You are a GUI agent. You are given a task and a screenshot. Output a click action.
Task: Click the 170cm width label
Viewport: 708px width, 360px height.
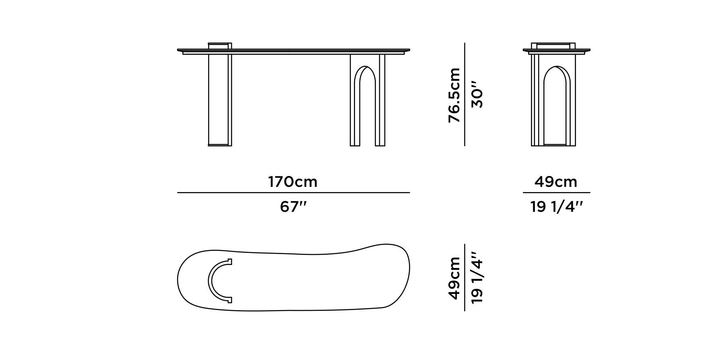(293, 182)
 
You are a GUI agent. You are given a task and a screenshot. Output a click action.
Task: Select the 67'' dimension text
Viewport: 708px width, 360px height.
(293, 207)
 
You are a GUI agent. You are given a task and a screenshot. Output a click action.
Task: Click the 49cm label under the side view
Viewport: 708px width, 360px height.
(556, 182)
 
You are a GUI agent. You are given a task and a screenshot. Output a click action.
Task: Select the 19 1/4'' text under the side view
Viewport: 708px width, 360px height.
(556, 207)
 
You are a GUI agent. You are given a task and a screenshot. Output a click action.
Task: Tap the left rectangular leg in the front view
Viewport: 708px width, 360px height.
(219, 99)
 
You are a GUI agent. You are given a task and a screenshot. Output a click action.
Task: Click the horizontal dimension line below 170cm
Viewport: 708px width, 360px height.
(293, 193)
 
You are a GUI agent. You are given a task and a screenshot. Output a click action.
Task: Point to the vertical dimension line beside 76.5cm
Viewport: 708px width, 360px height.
(465, 95)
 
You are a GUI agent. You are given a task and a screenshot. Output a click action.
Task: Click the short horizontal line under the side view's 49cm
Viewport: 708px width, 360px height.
(556, 193)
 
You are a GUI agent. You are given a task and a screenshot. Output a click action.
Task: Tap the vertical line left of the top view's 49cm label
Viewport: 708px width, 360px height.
(465, 278)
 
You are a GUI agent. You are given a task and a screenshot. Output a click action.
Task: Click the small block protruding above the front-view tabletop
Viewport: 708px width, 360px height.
(219, 46)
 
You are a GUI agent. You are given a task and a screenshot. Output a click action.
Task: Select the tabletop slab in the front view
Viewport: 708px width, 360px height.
(293, 51)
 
